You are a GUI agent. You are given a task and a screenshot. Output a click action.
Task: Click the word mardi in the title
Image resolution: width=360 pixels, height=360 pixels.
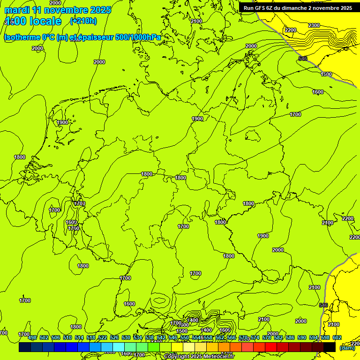click(15, 10)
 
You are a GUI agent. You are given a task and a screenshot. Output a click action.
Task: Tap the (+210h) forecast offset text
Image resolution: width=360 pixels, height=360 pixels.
click(83, 21)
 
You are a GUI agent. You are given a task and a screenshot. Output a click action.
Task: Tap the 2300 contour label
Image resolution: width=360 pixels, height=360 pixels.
click(314, 25)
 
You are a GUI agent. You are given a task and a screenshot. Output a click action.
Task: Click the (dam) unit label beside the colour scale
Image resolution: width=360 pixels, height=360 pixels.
click(347, 347)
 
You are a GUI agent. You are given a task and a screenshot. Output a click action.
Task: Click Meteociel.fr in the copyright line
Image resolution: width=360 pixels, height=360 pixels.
click(218, 357)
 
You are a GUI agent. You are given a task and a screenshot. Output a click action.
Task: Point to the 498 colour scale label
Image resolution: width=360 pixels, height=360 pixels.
click(32, 337)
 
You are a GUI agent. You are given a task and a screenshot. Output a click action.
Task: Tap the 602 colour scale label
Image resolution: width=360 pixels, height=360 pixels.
click(337, 337)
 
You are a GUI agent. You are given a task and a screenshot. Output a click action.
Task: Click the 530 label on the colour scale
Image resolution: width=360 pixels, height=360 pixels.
click(126, 337)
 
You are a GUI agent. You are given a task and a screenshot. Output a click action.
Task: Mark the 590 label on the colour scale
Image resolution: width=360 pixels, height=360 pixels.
click(302, 337)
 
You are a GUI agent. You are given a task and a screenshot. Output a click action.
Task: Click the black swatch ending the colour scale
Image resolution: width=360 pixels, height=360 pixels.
click(330, 347)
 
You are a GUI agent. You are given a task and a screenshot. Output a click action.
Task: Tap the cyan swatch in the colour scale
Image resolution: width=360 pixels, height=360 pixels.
click(119, 347)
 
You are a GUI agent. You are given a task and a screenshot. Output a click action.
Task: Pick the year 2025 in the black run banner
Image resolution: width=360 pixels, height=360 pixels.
click(346, 8)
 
